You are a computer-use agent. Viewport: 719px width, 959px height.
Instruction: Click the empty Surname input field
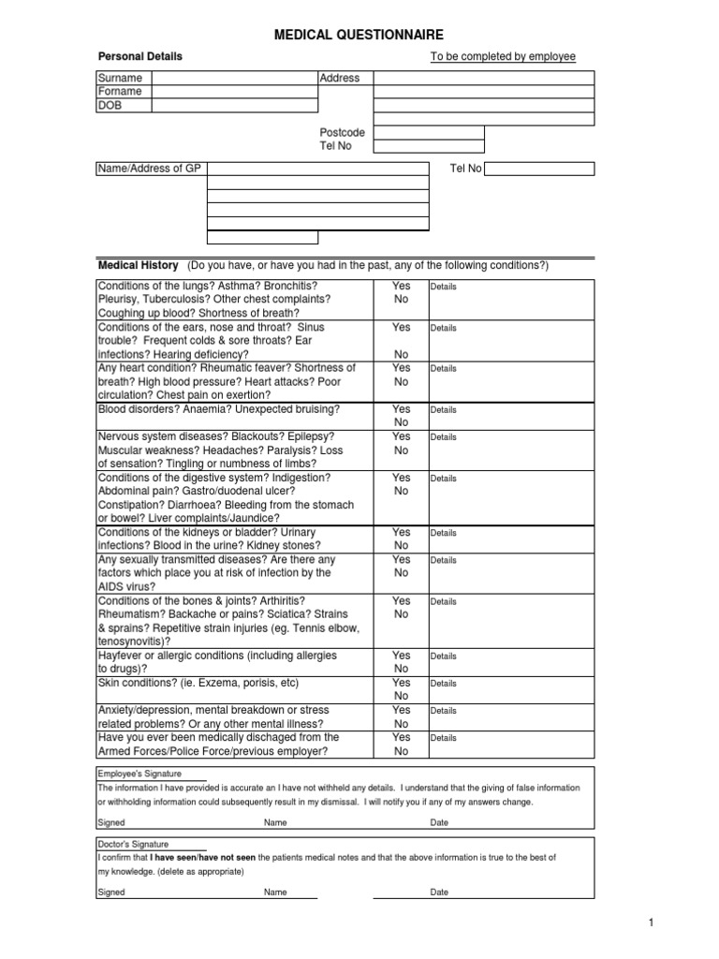[234, 78]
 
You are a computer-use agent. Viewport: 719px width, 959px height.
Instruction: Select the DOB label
[110, 106]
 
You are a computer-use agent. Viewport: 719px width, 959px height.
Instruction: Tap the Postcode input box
[429, 133]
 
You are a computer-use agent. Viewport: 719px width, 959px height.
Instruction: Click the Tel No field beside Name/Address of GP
[539, 169]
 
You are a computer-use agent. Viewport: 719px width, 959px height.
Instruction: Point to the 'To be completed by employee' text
[503, 57]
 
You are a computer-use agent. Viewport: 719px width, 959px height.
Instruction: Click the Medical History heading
[138, 265]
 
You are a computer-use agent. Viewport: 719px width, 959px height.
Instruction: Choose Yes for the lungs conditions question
[401, 286]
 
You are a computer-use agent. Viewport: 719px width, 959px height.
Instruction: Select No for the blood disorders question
[401, 422]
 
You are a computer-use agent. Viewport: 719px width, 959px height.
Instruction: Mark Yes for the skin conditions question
[401, 683]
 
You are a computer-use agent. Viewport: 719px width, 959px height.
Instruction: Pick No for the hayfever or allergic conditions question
[401, 670]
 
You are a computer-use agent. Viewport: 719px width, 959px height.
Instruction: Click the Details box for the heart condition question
[510, 382]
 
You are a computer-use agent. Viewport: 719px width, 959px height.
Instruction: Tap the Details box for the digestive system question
[510, 497]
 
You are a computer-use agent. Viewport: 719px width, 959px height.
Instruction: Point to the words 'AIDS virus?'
[128, 586]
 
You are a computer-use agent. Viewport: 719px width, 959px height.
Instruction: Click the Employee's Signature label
[139, 774]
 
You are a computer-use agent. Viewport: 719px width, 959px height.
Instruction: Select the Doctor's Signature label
[135, 844]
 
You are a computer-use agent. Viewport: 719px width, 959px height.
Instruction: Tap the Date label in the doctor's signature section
[439, 893]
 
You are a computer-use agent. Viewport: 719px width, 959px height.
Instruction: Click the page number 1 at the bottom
[649, 923]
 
